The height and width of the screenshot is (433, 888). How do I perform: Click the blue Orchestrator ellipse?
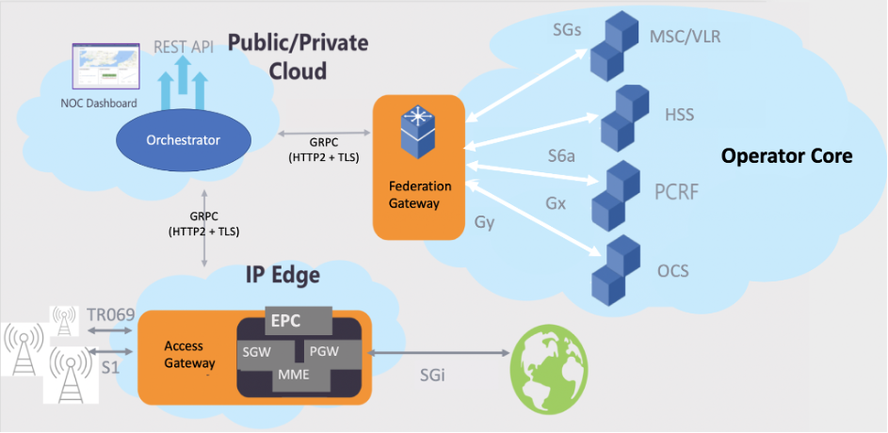tap(183, 141)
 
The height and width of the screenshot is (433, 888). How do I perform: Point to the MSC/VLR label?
tap(686, 37)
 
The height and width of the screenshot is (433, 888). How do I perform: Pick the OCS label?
tap(672, 271)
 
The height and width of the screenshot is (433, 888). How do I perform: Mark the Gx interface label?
tap(557, 201)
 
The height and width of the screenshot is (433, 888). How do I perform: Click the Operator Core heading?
tap(786, 156)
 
